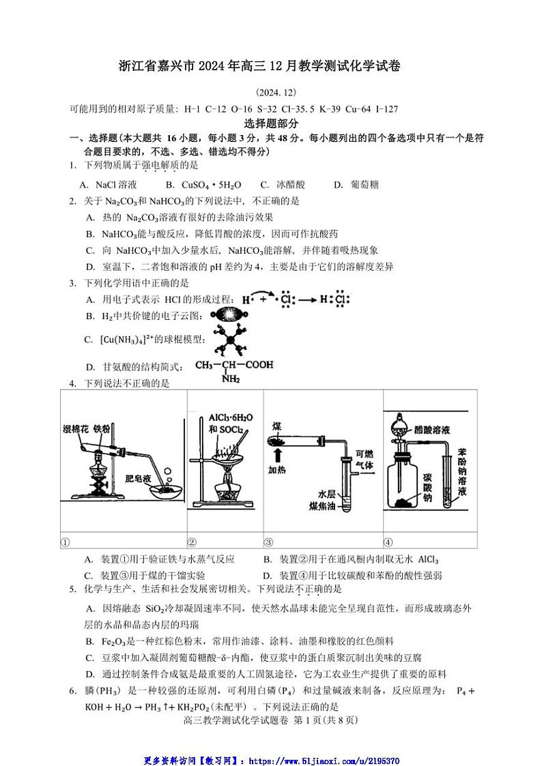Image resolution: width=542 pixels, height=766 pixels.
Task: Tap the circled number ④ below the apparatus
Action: pos(388,542)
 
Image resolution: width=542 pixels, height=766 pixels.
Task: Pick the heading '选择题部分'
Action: pos(270,123)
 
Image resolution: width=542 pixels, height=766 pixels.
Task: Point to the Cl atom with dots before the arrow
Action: pos(287,299)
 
